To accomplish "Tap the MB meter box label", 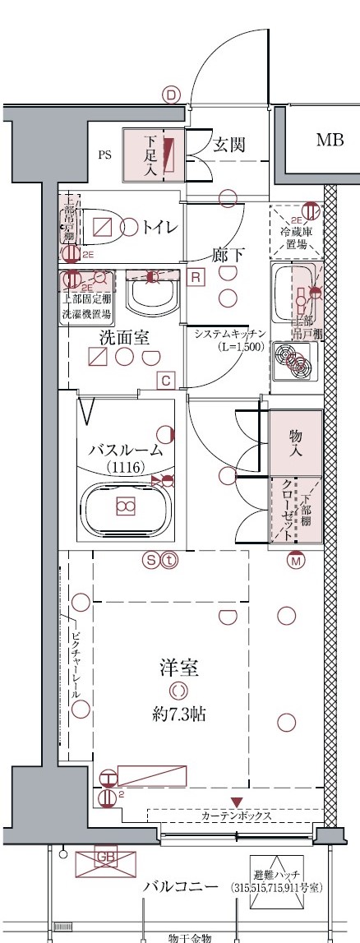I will pyautogui.click(x=329, y=141).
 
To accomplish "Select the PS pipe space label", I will pyautogui.click(x=104, y=154).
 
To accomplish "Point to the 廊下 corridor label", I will pyautogui.click(x=228, y=255).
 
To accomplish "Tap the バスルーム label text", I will pyautogui.click(x=126, y=450).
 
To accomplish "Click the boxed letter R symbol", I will pyautogui.click(x=195, y=277).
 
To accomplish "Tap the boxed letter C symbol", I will pyautogui.click(x=165, y=379).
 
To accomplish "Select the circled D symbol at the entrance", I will pyautogui.click(x=171, y=95).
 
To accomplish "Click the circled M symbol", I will pyautogui.click(x=296, y=561).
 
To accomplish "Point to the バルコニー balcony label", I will pyautogui.click(x=180, y=886).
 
